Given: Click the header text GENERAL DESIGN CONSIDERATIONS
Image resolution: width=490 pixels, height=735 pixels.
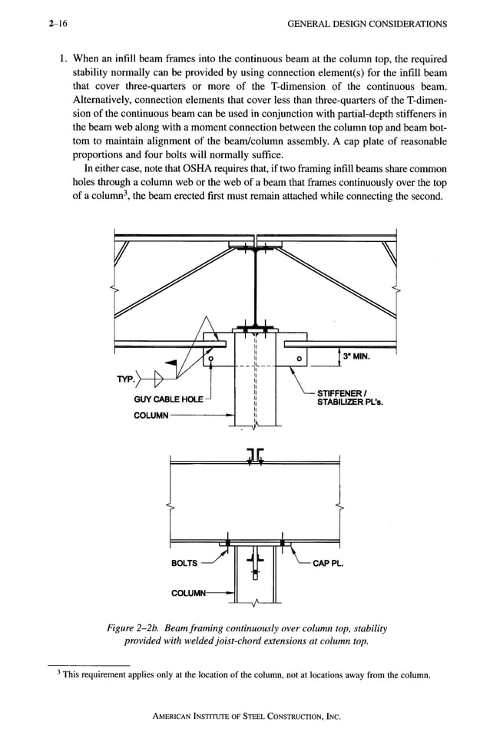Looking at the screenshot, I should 367,24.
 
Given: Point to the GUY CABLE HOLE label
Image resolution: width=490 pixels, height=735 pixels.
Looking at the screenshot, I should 167,399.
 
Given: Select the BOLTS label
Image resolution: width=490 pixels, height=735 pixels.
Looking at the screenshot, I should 184,563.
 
